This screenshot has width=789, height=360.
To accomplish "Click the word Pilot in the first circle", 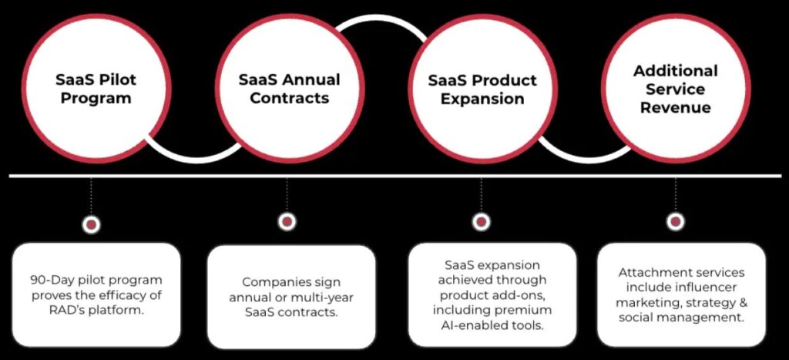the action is [x=119, y=79].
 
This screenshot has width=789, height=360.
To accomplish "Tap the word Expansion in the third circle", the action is [x=482, y=98].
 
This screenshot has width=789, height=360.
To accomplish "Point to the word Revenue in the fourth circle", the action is [x=675, y=107].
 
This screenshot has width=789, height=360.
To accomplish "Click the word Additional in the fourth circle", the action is [x=675, y=71].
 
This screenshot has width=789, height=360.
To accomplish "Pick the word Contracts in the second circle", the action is [x=289, y=98].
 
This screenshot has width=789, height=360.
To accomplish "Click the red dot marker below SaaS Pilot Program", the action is [x=91, y=224].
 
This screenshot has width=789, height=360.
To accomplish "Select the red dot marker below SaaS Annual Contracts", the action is [x=287, y=221].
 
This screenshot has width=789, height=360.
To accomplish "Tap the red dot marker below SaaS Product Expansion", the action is [x=481, y=221].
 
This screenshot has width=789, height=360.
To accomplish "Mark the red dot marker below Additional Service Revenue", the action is [x=675, y=221].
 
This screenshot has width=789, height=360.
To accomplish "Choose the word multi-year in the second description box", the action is [x=327, y=297].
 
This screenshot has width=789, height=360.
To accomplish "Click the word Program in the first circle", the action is [x=96, y=98].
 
